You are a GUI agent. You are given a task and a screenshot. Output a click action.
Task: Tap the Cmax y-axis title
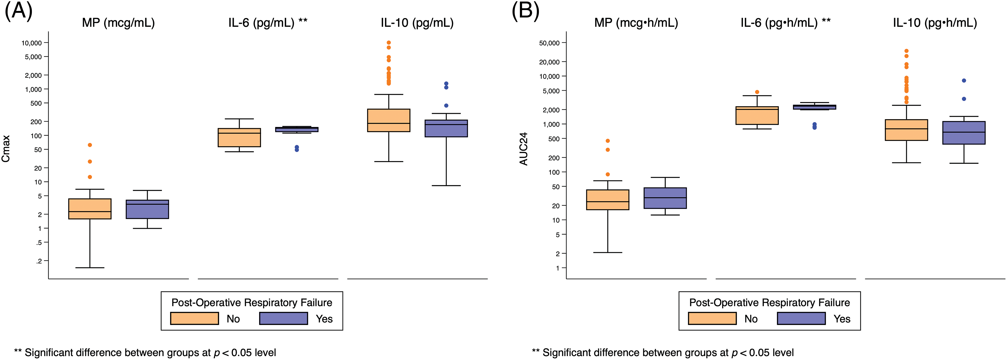pyautogui.click(x=6, y=149)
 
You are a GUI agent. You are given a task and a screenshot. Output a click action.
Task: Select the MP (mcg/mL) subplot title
pyautogui.click(x=118, y=23)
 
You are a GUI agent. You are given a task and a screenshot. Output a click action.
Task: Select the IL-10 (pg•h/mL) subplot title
pyautogui.click(x=935, y=23)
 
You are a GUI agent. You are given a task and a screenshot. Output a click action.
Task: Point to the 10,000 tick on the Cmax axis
pyautogui.click(x=31, y=43)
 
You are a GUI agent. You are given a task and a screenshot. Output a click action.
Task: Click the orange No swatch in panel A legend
pyautogui.click(x=194, y=319)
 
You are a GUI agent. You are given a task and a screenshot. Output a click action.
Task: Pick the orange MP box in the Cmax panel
pyautogui.click(x=90, y=209)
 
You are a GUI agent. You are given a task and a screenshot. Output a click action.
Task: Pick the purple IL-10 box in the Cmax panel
pyautogui.click(x=446, y=129)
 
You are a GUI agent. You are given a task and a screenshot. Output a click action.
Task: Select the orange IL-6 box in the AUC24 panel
pyautogui.click(x=757, y=116)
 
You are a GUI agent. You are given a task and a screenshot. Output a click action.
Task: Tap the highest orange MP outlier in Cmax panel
pyautogui.click(x=90, y=145)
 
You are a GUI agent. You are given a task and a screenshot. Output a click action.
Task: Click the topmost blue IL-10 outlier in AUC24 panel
pyautogui.click(x=964, y=81)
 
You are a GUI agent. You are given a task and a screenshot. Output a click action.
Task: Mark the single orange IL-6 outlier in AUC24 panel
pyautogui.click(x=757, y=92)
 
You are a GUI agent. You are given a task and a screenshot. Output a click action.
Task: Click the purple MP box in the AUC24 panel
pyautogui.click(x=665, y=198)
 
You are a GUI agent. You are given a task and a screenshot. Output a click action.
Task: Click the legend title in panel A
pyautogui.click(x=252, y=303)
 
